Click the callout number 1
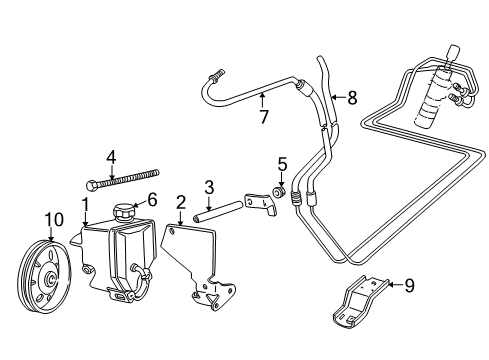pyautogui.click(x=86, y=205)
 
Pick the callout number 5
pyautogui.click(x=282, y=164)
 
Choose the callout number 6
pyautogui.click(x=152, y=200)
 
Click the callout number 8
pyautogui.click(x=352, y=98)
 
